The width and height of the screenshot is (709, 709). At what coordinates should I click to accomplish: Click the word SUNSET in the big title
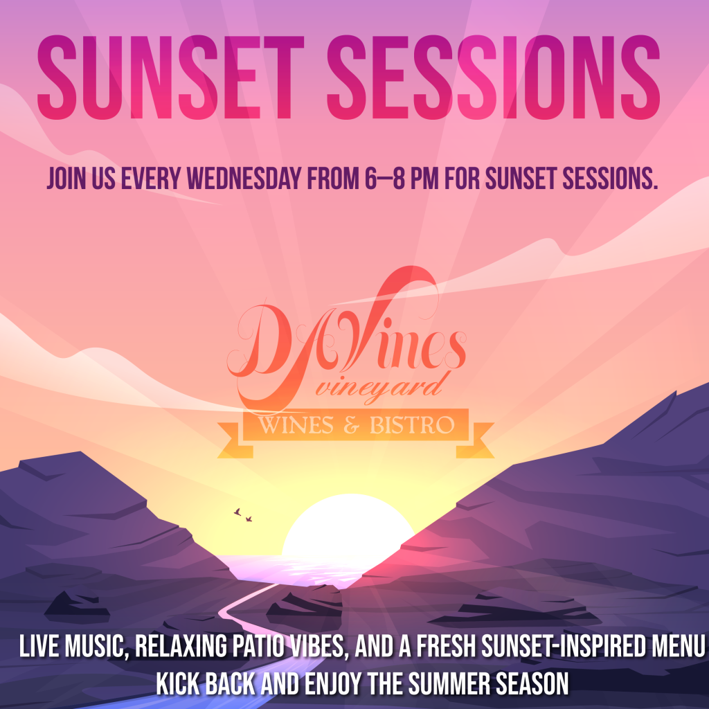(170, 77)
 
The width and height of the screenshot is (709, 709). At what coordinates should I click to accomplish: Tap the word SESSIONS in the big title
(493, 77)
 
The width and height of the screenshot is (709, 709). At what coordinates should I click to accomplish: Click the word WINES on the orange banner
(296, 425)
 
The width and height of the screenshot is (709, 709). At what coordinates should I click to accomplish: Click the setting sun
(348, 526)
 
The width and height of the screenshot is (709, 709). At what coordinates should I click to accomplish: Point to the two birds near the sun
(243, 515)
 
